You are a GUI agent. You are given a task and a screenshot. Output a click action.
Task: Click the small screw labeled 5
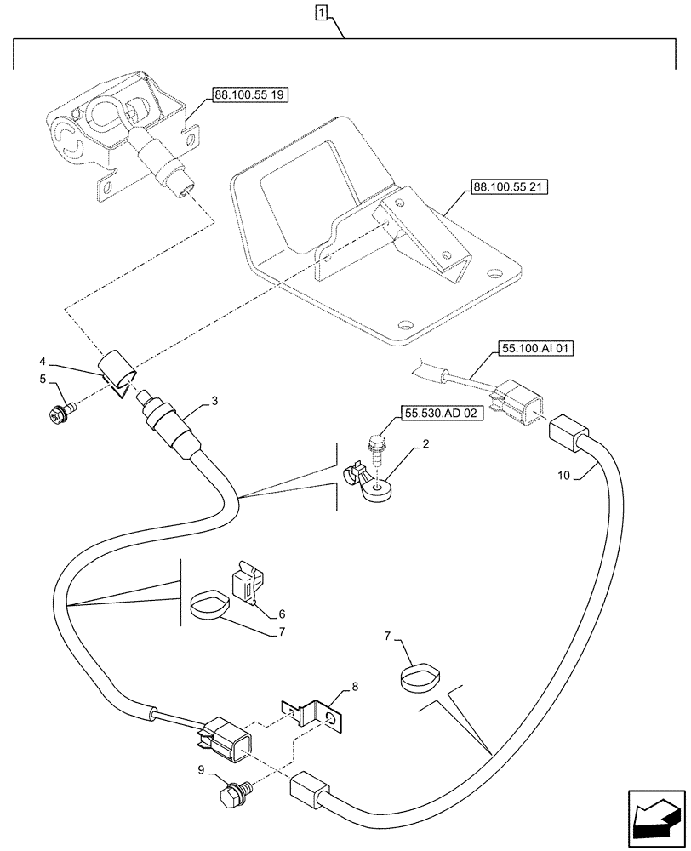tap(61, 415)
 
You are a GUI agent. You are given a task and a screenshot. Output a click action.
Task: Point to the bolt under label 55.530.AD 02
tap(376, 446)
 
